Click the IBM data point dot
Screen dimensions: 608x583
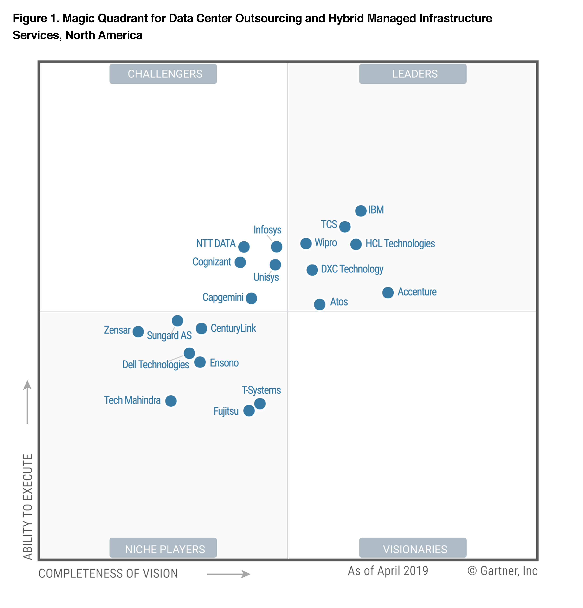[360, 211]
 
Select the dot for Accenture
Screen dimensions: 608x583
[388, 292]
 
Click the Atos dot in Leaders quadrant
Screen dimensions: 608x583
[319, 304]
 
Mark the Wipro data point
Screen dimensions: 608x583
[306, 244]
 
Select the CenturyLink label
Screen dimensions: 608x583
[233, 328]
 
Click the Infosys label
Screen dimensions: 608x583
[267, 230]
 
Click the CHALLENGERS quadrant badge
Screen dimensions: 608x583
[163, 74]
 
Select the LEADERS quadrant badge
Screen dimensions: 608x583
[413, 74]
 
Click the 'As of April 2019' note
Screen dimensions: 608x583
[388, 571]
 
